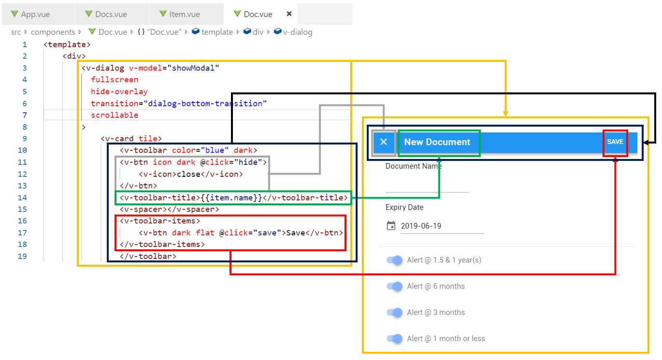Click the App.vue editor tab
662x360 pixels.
click(35, 14)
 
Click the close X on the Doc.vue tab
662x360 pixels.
click(289, 14)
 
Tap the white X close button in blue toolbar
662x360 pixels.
click(384, 142)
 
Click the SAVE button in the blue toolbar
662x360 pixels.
click(615, 142)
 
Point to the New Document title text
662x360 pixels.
click(437, 142)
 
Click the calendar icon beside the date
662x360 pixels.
click(391, 226)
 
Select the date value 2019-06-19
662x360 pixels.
click(421, 226)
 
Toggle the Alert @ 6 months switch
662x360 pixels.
click(394, 287)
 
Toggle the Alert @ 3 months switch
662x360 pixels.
click(394, 313)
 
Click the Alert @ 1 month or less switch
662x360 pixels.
click(394, 339)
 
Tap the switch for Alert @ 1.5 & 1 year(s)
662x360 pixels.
click(394, 260)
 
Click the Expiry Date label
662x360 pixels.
click(404, 207)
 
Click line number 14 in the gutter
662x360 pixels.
click(23, 198)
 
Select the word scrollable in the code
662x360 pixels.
click(115, 115)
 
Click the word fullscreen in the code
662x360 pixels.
click(115, 80)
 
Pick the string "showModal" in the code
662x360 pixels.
click(193, 68)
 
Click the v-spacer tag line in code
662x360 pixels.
click(169, 209)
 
